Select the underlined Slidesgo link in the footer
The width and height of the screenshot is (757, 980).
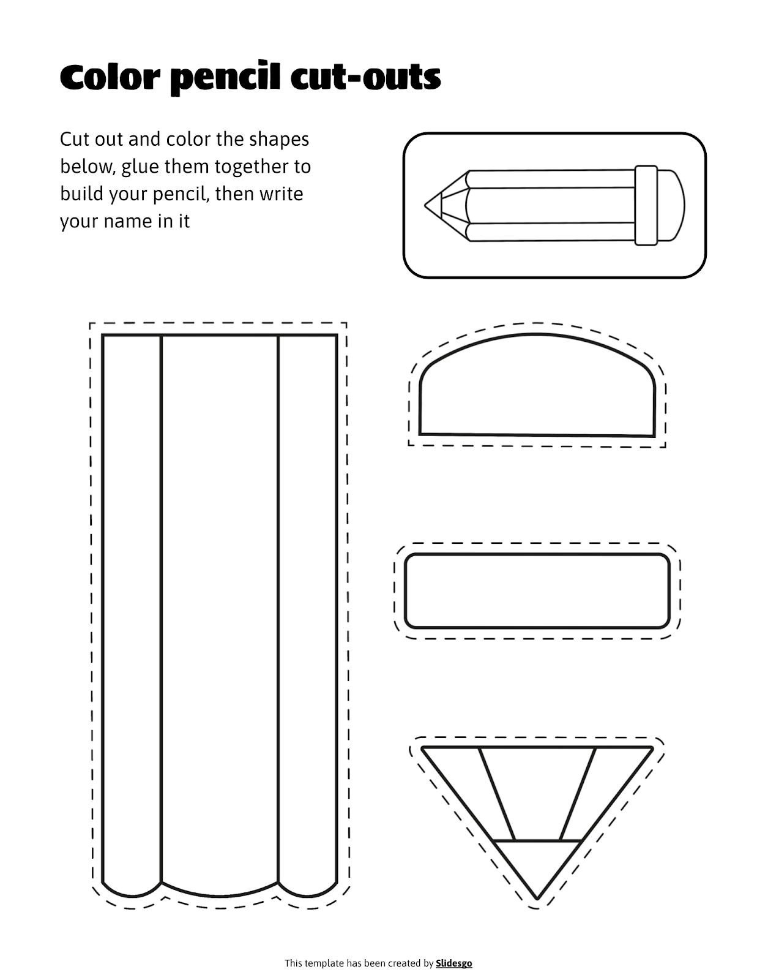[453, 963]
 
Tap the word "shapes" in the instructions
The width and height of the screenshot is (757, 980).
[278, 140]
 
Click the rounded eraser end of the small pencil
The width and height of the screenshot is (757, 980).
[671, 205]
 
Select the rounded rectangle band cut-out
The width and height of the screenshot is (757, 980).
[537, 591]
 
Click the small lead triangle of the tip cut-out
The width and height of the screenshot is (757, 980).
[537, 864]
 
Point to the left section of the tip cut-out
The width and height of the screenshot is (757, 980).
[471, 790]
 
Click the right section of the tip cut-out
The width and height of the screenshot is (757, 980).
[603, 790]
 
